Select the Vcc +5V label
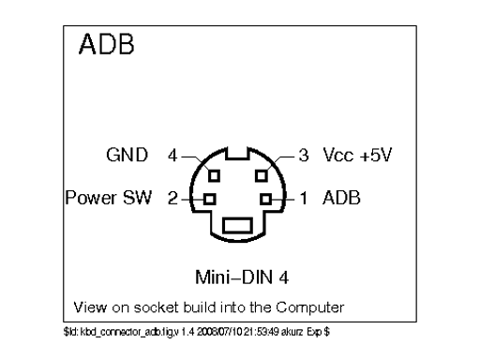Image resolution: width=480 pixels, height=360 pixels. coord(357,152)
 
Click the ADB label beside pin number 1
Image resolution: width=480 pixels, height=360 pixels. coord(340,199)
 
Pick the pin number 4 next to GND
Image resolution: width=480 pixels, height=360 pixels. coord(172,152)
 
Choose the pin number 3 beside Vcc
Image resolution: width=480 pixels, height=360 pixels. coord(303,152)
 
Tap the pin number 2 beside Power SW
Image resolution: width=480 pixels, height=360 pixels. coord(172,199)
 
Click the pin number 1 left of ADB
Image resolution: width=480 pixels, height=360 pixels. coord(303,199)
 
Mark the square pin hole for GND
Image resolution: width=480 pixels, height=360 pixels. coord(214,173)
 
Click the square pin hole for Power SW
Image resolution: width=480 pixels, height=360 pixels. coord(209,199)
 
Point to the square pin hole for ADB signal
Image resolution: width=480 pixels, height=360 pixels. coord(267,199)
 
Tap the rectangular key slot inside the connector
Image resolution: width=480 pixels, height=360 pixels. coord(238,225)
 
